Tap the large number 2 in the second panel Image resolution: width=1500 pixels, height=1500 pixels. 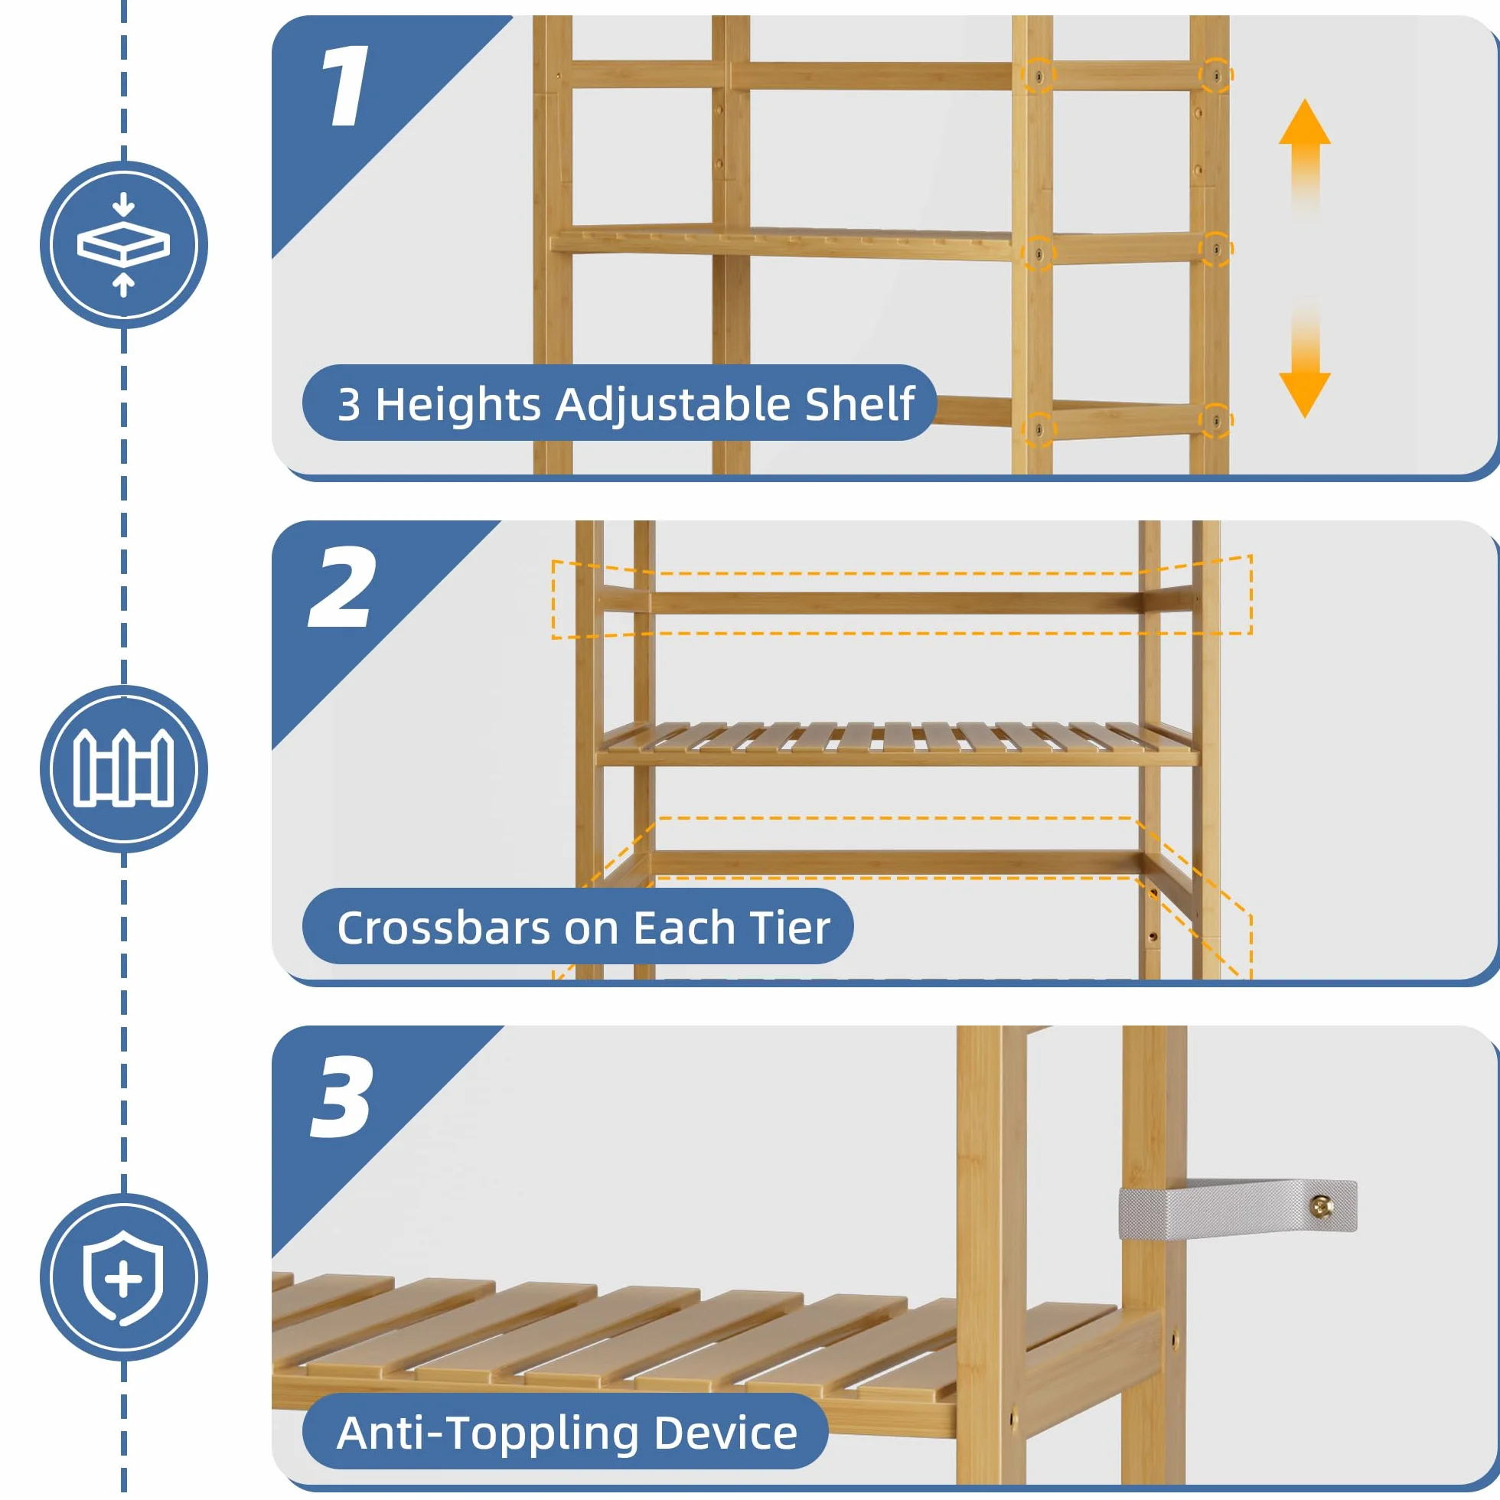click(x=342, y=586)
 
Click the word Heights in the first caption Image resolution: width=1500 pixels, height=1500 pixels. click(x=458, y=405)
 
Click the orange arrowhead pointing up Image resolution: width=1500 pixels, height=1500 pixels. click(x=1304, y=124)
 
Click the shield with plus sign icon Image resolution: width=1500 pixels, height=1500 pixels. click(x=123, y=1277)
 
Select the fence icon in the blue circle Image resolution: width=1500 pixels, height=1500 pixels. click(x=123, y=768)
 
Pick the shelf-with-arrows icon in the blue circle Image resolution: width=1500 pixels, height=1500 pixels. click(x=123, y=246)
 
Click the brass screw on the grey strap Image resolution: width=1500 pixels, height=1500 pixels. click(x=1321, y=1206)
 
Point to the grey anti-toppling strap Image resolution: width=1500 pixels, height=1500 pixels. click(x=1237, y=1208)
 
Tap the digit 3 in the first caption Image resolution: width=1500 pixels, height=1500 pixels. click(x=349, y=406)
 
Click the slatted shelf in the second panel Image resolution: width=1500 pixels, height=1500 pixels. click(x=898, y=744)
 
